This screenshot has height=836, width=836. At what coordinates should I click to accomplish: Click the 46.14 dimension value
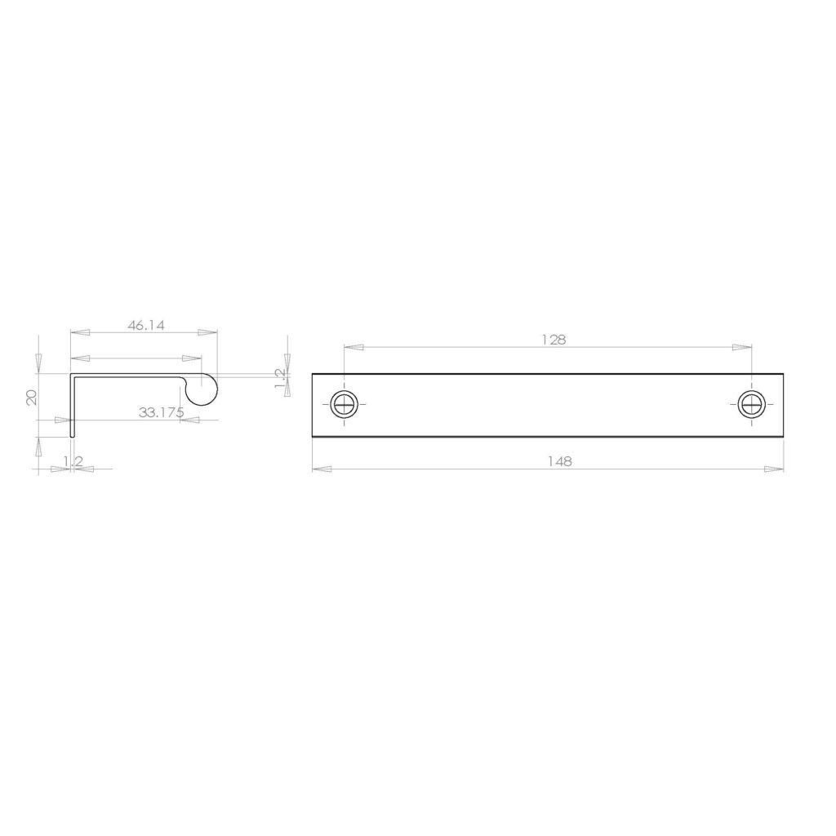[x=145, y=325]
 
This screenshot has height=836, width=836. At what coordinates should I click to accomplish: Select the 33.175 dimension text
[x=161, y=412]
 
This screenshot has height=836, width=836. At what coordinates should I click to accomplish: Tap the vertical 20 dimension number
[x=32, y=398]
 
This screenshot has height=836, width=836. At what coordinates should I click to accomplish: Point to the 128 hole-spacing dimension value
[x=554, y=340]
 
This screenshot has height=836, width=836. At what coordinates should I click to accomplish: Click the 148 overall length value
[x=560, y=461]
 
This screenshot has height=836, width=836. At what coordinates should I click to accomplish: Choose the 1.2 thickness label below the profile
[x=73, y=461]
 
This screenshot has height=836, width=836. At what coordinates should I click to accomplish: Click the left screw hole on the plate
[x=345, y=404]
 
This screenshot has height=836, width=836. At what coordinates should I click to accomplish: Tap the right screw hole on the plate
[x=752, y=404]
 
